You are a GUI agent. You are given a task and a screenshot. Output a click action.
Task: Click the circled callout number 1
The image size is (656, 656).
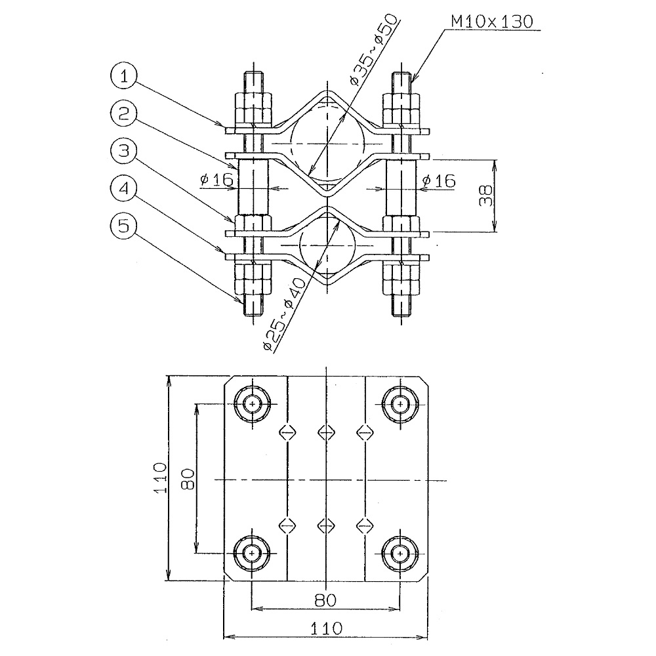123,76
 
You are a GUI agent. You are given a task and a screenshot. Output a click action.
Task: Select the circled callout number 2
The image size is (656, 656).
123,113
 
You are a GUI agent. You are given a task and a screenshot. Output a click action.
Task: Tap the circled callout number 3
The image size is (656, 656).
123,151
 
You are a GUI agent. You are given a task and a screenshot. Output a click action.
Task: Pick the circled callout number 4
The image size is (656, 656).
123,188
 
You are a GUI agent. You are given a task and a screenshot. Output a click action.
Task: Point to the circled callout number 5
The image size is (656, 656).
123,226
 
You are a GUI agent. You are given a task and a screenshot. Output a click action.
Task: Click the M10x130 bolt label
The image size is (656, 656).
492,22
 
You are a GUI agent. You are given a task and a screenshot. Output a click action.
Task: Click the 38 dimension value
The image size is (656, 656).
485,195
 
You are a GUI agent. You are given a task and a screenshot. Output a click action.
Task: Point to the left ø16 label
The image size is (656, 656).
216,180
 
